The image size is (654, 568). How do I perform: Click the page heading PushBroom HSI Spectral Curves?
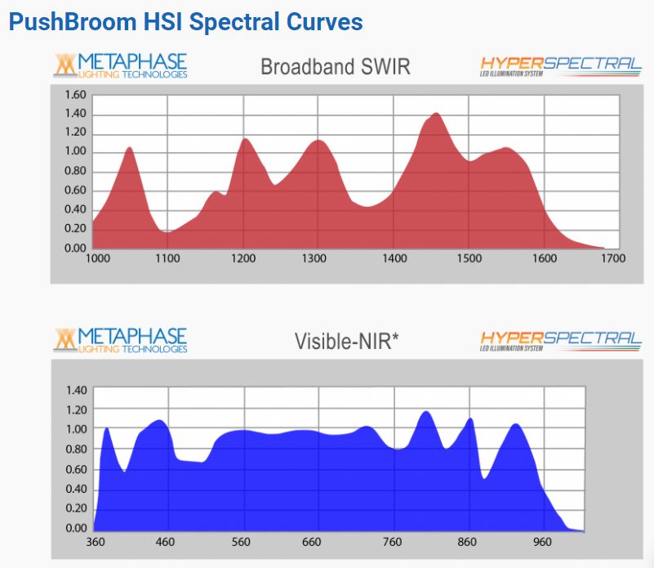pos(185,21)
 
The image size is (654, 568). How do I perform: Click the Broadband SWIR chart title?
pos(335,67)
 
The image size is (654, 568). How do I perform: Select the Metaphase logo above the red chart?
pos(121,66)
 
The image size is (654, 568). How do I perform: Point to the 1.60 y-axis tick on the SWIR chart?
pos(75,95)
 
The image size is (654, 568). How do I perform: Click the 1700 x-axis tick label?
pos(612,258)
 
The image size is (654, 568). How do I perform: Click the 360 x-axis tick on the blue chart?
pos(96,541)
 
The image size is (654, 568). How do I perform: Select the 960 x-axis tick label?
pos(542,541)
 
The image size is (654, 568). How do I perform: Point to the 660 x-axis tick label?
pos(318,541)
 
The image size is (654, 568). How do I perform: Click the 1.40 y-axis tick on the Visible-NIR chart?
pos(75,390)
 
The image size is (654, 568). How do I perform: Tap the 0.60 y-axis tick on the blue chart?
pos(75,469)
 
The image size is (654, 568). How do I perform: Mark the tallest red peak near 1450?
pos(435,114)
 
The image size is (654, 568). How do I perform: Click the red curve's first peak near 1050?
pos(129,148)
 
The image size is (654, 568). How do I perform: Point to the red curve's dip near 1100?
pos(167,232)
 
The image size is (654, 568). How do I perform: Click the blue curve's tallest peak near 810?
pos(426,412)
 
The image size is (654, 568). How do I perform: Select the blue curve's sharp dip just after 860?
pos(485,478)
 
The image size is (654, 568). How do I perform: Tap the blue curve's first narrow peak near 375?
pos(107,428)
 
